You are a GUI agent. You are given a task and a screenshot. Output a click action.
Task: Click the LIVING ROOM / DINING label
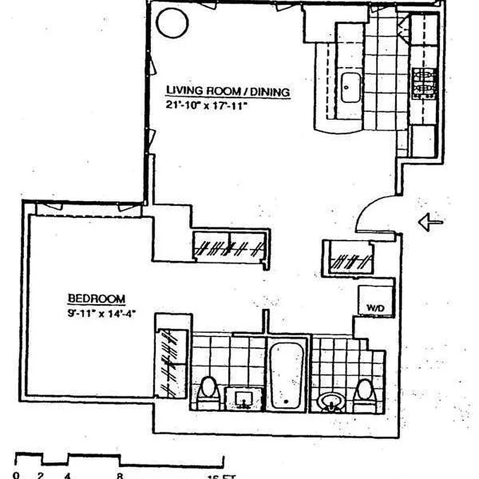point(228,92)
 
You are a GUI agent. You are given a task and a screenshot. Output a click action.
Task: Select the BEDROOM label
point(96,298)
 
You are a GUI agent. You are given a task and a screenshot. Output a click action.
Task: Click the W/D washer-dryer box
point(375,300)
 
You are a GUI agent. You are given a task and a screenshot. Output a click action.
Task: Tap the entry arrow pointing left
point(431,223)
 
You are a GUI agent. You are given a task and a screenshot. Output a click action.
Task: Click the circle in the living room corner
point(172,22)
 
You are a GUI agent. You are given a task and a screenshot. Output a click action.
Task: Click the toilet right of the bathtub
point(363,393)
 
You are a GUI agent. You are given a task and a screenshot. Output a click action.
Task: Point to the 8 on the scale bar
point(120,476)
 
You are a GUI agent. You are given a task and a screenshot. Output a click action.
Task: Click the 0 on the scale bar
point(16,476)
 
